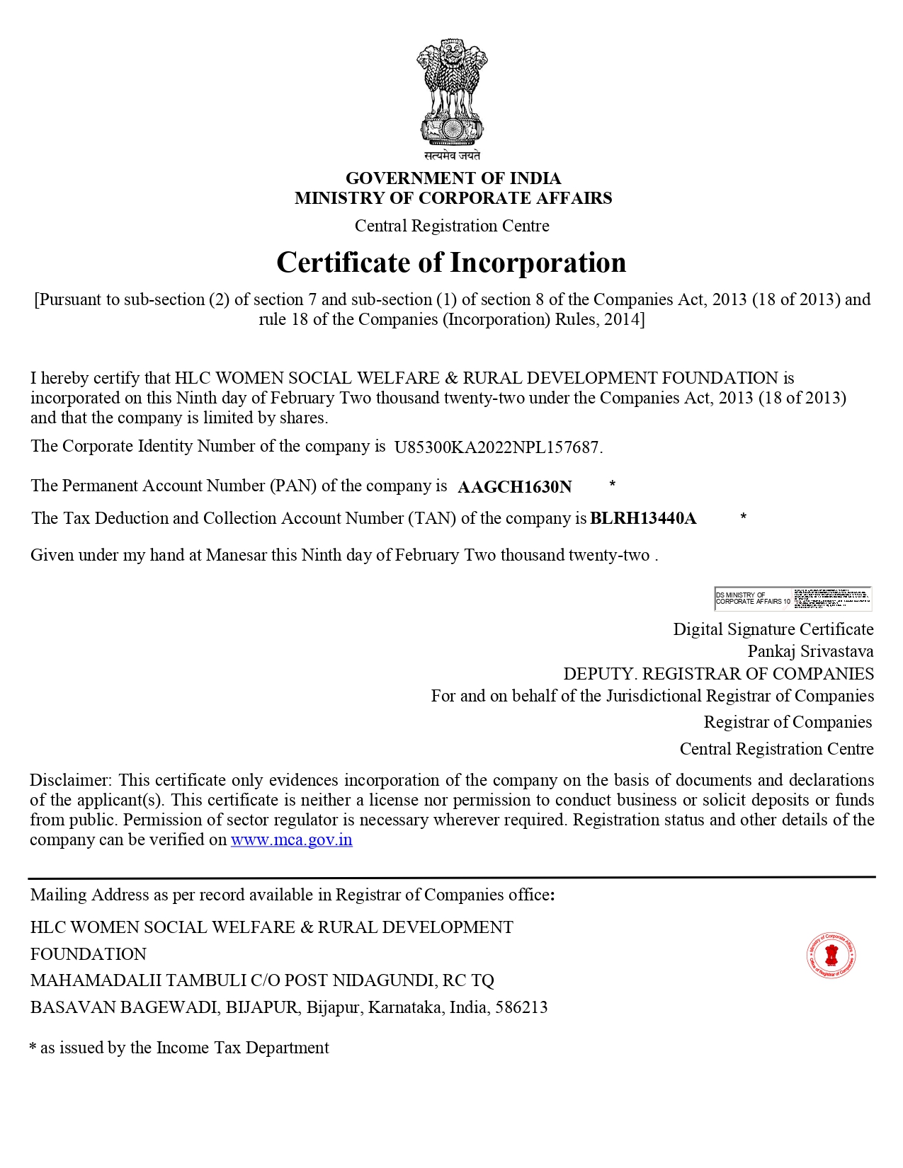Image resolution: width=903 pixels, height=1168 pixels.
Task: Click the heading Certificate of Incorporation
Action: [451, 263]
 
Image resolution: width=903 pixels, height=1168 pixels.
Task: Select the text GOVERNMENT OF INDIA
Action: [453, 178]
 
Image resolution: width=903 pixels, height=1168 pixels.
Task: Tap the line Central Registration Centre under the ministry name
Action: [452, 226]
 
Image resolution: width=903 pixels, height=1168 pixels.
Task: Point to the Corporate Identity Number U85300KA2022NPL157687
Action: [498, 447]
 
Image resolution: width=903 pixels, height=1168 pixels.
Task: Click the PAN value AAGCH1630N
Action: [515, 487]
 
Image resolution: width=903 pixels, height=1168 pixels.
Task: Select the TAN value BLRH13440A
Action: [643, 519]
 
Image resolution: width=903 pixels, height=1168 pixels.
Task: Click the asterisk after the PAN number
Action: [613, 484]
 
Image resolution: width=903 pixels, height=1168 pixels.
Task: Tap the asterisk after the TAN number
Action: [744, 517]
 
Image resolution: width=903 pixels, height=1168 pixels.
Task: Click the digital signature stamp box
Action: [793, 599]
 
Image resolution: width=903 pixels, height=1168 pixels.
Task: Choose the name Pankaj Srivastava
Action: [810, 651]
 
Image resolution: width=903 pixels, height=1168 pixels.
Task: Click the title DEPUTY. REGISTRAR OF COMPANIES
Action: [718, 674]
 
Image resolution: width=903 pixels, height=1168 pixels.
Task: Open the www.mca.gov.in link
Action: [291, 840]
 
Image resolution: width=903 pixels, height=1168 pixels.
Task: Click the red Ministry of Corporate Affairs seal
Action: [831, 956]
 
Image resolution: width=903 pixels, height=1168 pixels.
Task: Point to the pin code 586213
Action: [521, 1008]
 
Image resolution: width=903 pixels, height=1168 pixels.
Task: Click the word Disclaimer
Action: [70, 780]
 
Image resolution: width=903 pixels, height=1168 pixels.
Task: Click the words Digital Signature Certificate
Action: [773, 629]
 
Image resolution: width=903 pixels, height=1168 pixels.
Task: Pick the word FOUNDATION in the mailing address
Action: [89, 954]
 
